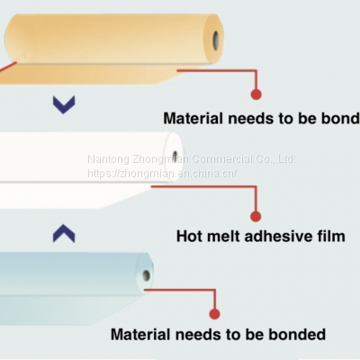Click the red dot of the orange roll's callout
256,94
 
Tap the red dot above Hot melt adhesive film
256,216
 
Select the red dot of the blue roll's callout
215,313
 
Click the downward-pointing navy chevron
63,105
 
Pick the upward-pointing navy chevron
63,234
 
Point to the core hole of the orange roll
217,39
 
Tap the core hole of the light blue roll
146,275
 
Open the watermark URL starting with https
162,173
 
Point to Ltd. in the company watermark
286,159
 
